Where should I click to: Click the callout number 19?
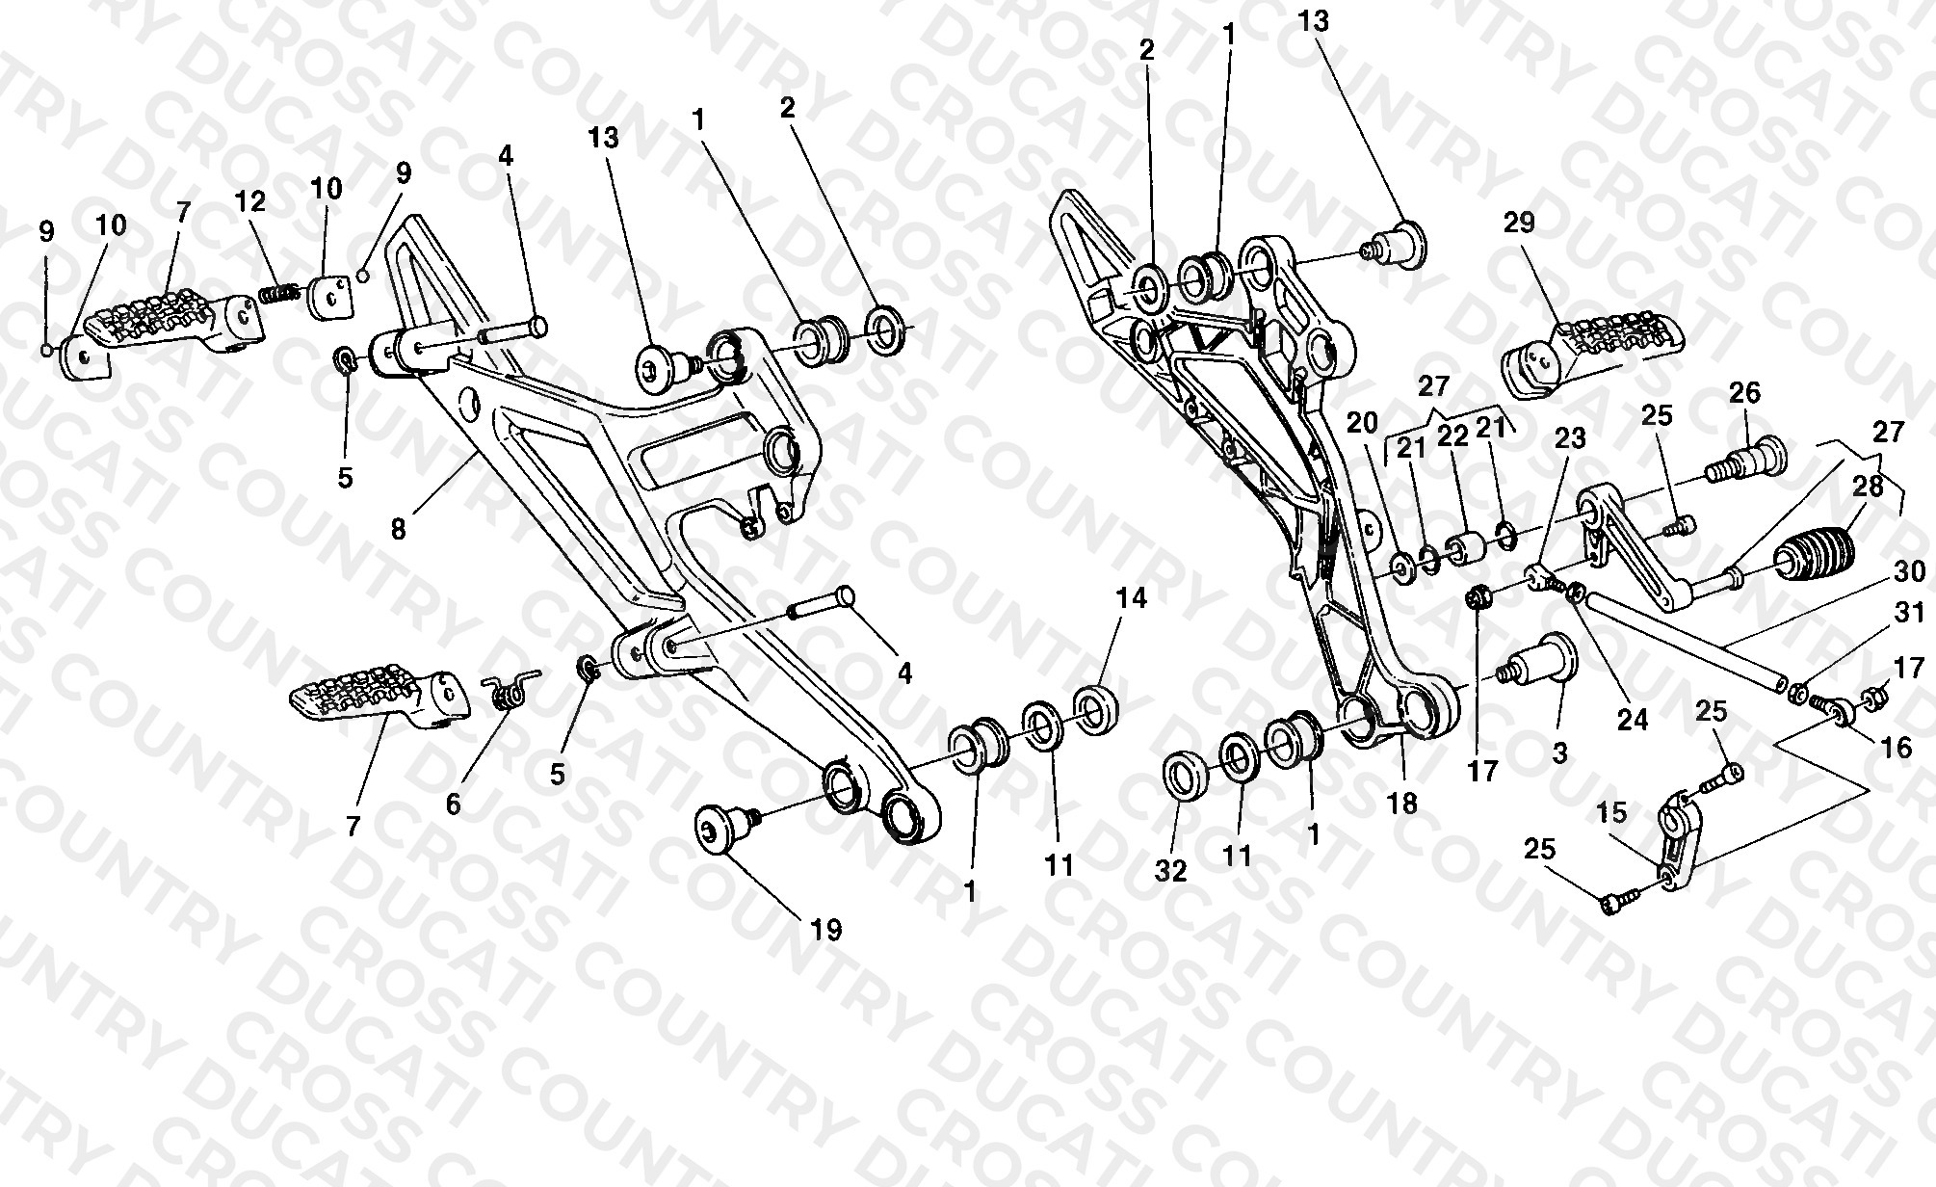pos(826,930)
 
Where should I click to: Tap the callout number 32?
pos(1172,870)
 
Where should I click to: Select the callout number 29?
pos(1519,224)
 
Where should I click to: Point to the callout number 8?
pos(399,528)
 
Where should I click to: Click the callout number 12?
pos(251,201)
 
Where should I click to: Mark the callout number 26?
pos(1744,392)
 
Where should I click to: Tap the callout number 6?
pos(454,804)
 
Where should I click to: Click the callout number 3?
pos(1559,752)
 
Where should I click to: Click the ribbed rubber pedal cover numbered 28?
pos(1815,557)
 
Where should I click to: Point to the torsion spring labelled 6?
pos(508,690)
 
